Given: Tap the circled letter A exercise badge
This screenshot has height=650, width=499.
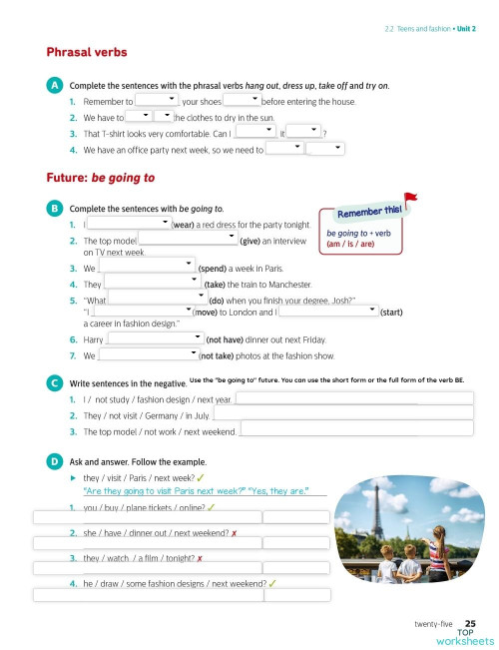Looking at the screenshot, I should coord(54,87).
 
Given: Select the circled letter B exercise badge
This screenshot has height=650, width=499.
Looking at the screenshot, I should coord(54,208).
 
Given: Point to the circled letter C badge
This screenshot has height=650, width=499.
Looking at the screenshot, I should coord(54,382).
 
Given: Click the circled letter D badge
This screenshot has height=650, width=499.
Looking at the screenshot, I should coord(54,462).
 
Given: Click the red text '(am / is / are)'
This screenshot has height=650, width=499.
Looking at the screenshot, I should coord(349,243).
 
